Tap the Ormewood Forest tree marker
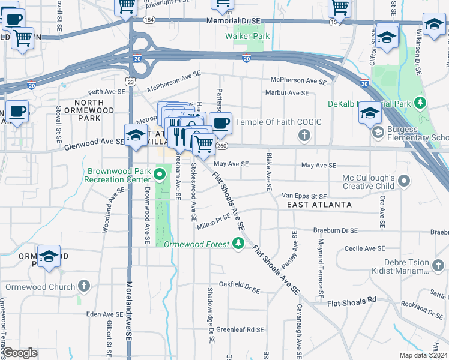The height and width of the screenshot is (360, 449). pyautogui.click(x=239, y=243)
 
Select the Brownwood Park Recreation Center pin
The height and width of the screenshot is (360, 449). pyautogui.click(x=160, y=175)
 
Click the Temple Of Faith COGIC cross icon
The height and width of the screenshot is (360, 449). pyautogui.click(x=304, y=134)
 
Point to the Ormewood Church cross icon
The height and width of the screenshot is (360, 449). pyautogui.click(x=84, y=286)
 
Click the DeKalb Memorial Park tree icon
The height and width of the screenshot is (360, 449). pyautogui.click(x=421, y=103)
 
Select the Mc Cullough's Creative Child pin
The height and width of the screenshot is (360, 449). pyautogui.click(x=404, y=181)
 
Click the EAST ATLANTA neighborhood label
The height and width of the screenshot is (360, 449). pyautogui.click(x=319, y=205)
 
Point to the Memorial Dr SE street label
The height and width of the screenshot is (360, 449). pyautogui.click(x=234, y=20)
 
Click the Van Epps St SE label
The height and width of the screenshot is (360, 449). pyautogui.click(x=304, y=196)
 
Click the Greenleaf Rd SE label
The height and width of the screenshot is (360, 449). pyautogui.click(x=240, y=329)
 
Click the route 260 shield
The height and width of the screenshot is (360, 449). pyautogui.click(x=222, y=145)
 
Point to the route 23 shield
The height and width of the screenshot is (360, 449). pyautogui.click(x=131, y=81)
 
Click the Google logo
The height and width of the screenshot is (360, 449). pyautogui.click(x=20, y=353)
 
